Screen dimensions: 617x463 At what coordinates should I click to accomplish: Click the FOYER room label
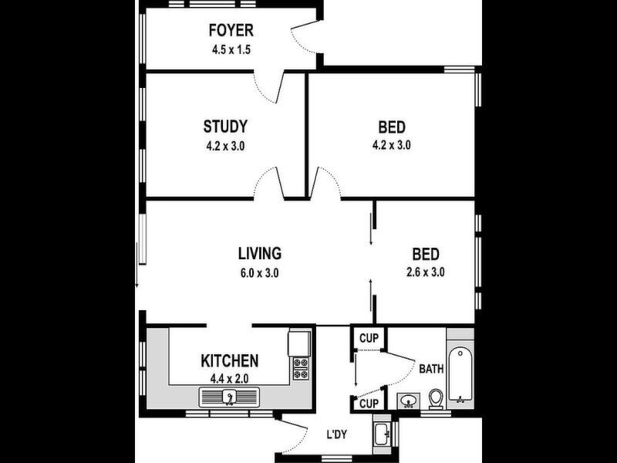point(231,30)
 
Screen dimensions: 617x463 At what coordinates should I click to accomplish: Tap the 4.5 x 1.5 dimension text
point(231,50)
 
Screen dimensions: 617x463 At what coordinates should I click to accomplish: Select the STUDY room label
point(225,127)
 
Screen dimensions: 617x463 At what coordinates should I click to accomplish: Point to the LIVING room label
point(260,253)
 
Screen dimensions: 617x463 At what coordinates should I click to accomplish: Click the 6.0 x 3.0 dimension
point(260,272)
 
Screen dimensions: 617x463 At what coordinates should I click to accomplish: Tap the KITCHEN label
point(229,360)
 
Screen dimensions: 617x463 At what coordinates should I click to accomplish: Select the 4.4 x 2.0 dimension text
point(229,379)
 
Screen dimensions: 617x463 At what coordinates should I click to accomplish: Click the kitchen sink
point(229,397)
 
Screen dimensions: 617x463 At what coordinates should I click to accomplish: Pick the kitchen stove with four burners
point(301,368)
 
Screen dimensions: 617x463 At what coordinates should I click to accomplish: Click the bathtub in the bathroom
point(460,374)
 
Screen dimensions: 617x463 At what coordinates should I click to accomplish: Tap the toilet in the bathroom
point(436,399)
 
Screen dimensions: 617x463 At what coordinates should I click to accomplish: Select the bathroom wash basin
point(409,400)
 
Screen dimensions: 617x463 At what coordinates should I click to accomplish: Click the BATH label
point(431,369)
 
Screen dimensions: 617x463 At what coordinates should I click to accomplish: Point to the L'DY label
point(337,434)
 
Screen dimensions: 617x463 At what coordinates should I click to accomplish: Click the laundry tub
point(382,434)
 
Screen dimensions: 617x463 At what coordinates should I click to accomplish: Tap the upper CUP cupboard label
point(369,338)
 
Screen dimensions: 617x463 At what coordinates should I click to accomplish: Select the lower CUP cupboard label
point(369,404)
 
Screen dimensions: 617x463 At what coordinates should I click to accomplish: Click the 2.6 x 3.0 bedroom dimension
point(426,272)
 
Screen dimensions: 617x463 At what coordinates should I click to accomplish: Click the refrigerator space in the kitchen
point(299,343)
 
